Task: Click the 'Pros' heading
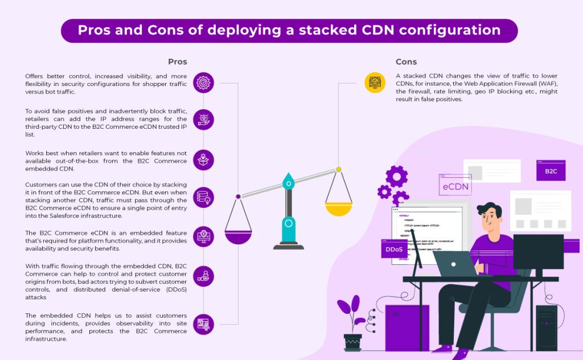tap(177, 62)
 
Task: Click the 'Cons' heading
tap(406, 62)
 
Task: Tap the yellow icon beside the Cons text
tap(375, 83)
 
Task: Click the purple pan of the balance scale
tap(238, 235)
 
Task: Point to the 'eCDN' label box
tap(455, 186)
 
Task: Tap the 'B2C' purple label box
tap(551, 171)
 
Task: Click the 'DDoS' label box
tap(394, 249)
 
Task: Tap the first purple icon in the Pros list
tap(203, 83)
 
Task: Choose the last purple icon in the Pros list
tap(203, 324)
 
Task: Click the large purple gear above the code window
tap(396, 176)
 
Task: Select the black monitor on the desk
tap(538, 251)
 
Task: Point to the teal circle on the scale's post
tap(289, 223)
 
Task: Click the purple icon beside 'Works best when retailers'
tap(203, 160)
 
